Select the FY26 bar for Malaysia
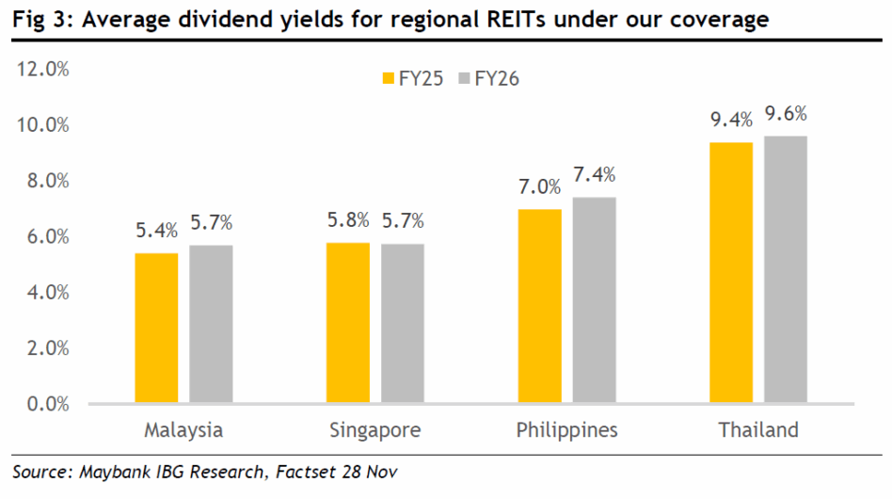211,324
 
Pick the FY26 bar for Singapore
403,324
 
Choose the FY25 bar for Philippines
540,306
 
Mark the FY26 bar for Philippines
594,300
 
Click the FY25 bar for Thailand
732,273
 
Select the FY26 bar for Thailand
786,269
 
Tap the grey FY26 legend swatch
462,79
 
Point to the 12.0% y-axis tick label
43,69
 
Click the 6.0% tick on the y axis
47,236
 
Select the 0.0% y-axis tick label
47,404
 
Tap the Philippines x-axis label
566,430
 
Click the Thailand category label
758,430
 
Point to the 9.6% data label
786,115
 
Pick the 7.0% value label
540,188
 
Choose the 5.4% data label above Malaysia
156,232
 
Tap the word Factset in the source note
303,472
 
